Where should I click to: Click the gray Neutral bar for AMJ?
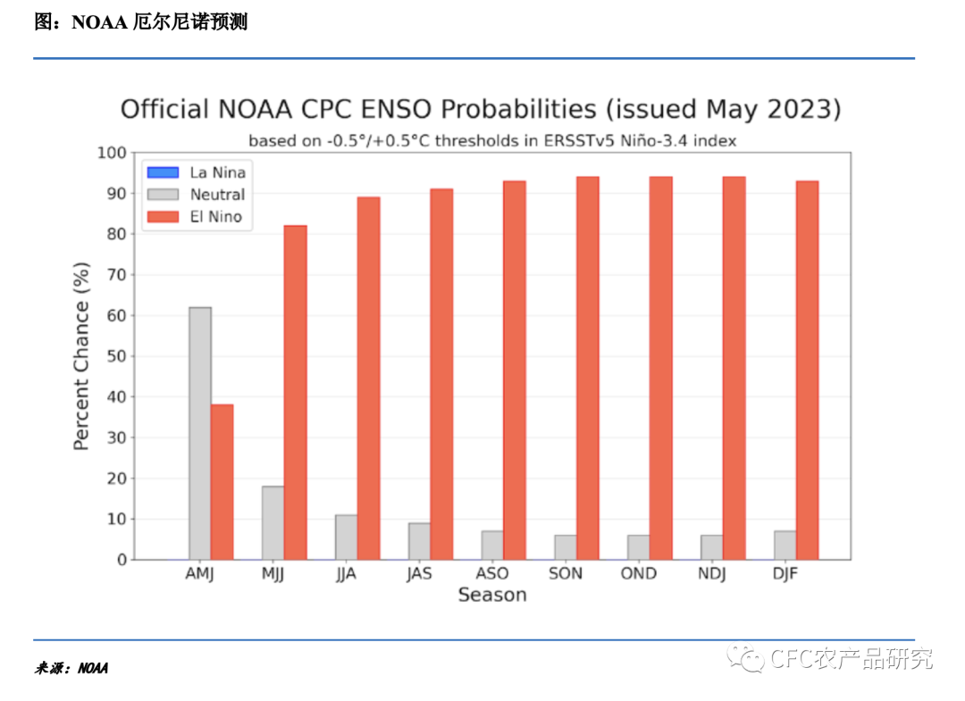click(x=200, y=433)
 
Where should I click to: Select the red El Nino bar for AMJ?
click(x=222, y=482)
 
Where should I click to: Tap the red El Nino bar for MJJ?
click(x=295, y=393)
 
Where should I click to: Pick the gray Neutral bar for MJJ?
click(x=273, y=523)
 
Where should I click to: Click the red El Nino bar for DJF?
click(x=807, y=371)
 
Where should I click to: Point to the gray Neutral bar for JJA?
click(x=346, y=538)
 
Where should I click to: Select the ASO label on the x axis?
click(x=491, y=573)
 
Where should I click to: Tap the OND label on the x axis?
click(x=638, y=573)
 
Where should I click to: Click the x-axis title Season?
click(x=491, y=595)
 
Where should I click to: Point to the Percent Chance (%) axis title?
click(x=81, y=356)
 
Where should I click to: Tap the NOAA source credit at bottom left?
click(x=93, y=668)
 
